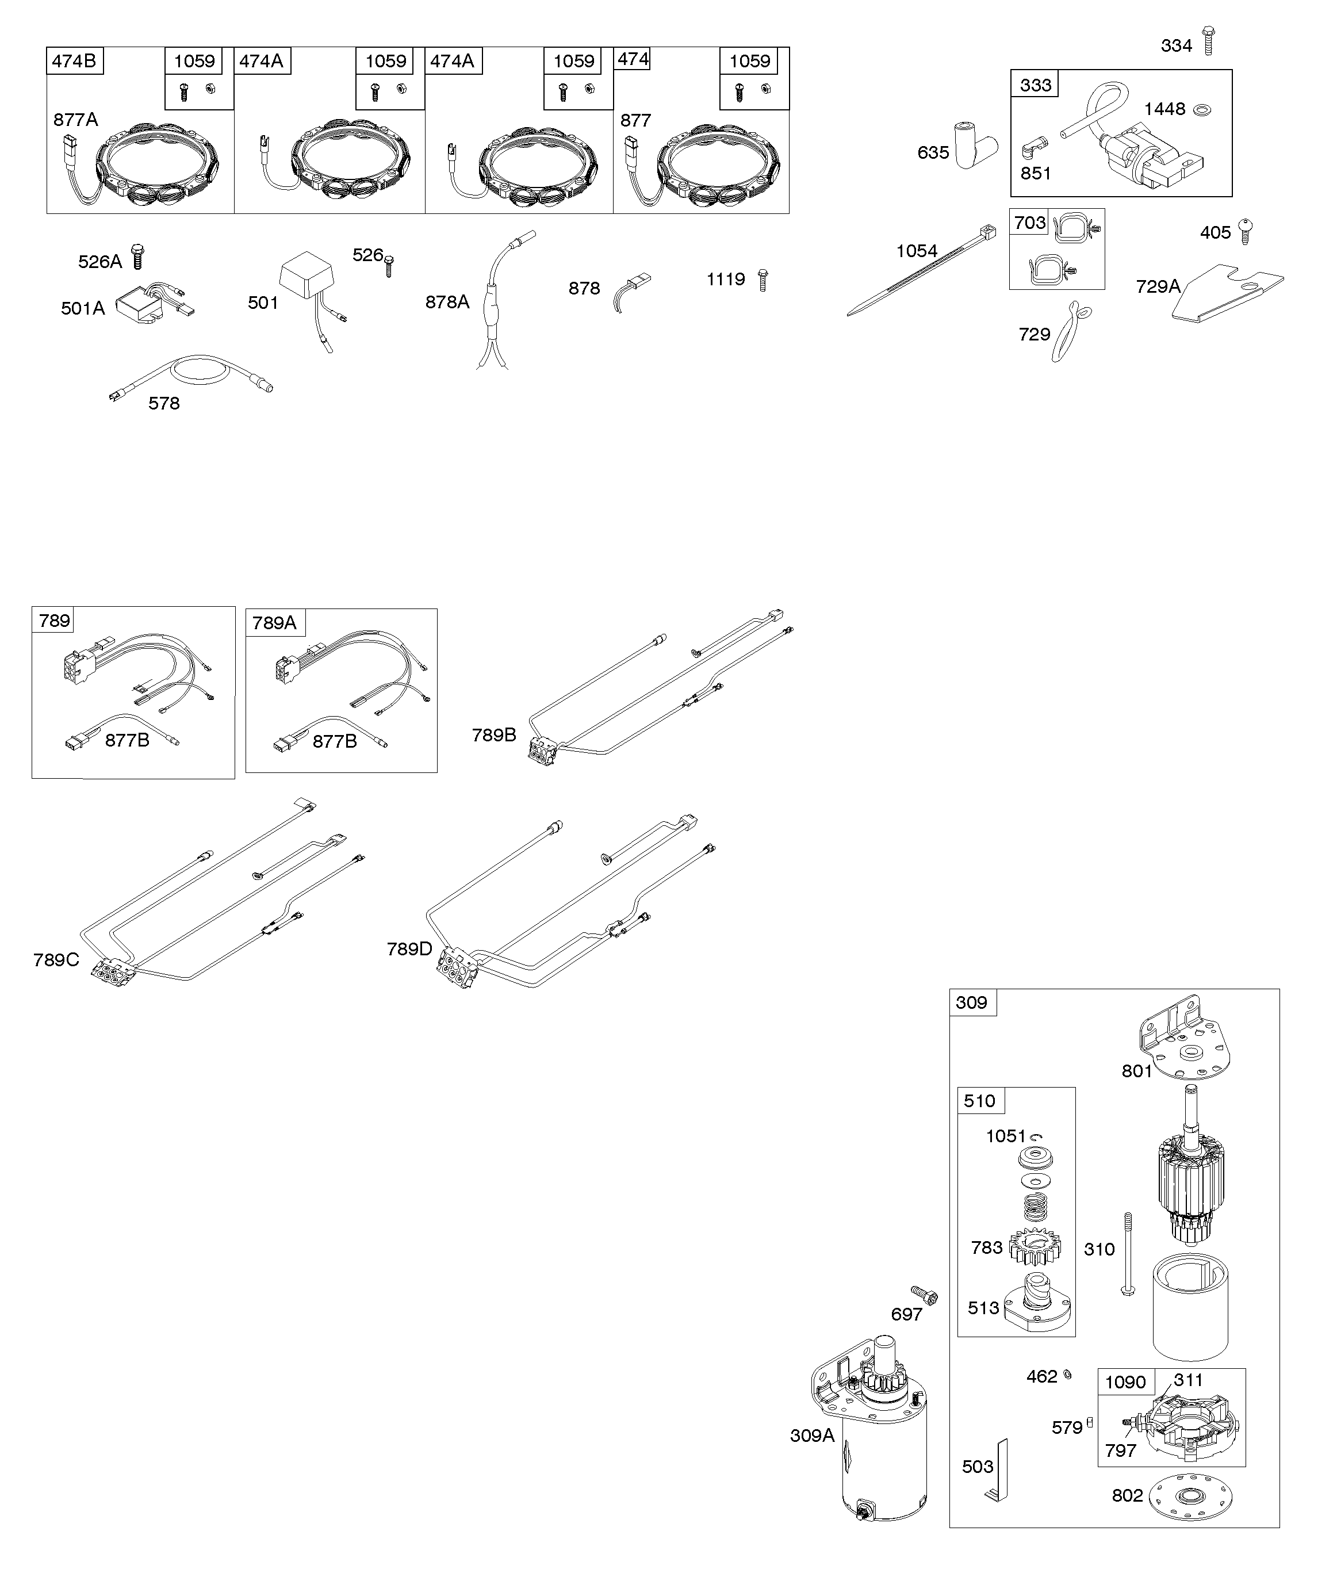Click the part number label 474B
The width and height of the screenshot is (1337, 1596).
tap(75, 61)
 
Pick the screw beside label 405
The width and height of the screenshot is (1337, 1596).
tap(1245, 230)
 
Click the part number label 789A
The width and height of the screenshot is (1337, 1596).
tap(274, 623)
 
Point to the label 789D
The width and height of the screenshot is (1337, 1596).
tap(409, 948)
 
